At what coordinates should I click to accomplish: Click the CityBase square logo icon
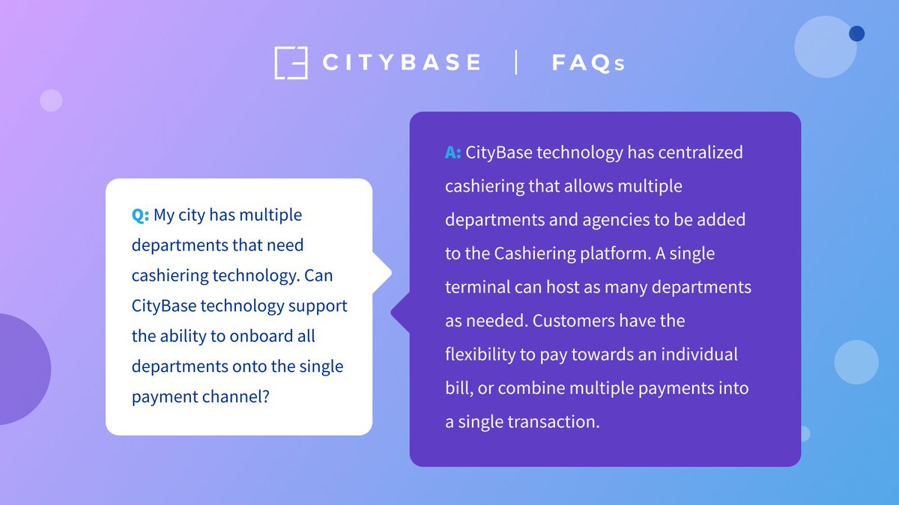pos(291,63)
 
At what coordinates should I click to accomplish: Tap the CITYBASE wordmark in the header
pos(402,63)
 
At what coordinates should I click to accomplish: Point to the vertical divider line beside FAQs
pos(516,62)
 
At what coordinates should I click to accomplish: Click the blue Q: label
pos(140,215)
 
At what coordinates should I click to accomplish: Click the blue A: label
pos(452,153)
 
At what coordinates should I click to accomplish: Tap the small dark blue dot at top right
pos(856,34)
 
